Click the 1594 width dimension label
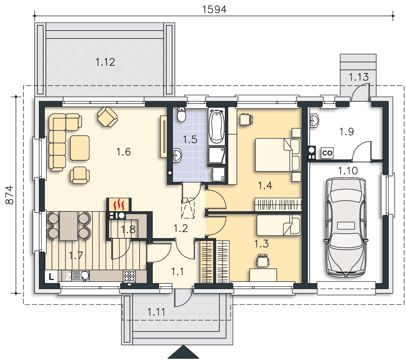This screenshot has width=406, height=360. click(214, 10)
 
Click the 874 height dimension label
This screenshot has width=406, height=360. click(10, 195)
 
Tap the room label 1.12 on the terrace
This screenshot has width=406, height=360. click(105, 62)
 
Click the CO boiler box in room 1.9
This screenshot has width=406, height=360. click(327, 153)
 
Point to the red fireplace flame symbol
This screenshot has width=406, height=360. click(119, 204)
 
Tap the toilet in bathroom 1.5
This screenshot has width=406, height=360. click(181, 114)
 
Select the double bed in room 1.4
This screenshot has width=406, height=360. click(278, 155)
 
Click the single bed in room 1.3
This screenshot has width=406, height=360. click(279, 225)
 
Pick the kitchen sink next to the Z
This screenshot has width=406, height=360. click(80, 276)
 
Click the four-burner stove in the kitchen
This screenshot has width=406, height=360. click(129, 276)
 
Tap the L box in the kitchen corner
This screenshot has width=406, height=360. click(51, 276)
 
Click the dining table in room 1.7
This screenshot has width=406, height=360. click(69, 226)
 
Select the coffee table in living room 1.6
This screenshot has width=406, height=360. click(80, 148)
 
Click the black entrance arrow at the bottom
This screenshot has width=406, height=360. click(183, 352)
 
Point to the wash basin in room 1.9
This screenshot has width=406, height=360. click(314, 121)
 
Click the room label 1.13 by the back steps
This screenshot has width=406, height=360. click(358, 77)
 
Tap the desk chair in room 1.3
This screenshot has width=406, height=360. click(262, 260)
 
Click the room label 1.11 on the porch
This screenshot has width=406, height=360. click(157, 312)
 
